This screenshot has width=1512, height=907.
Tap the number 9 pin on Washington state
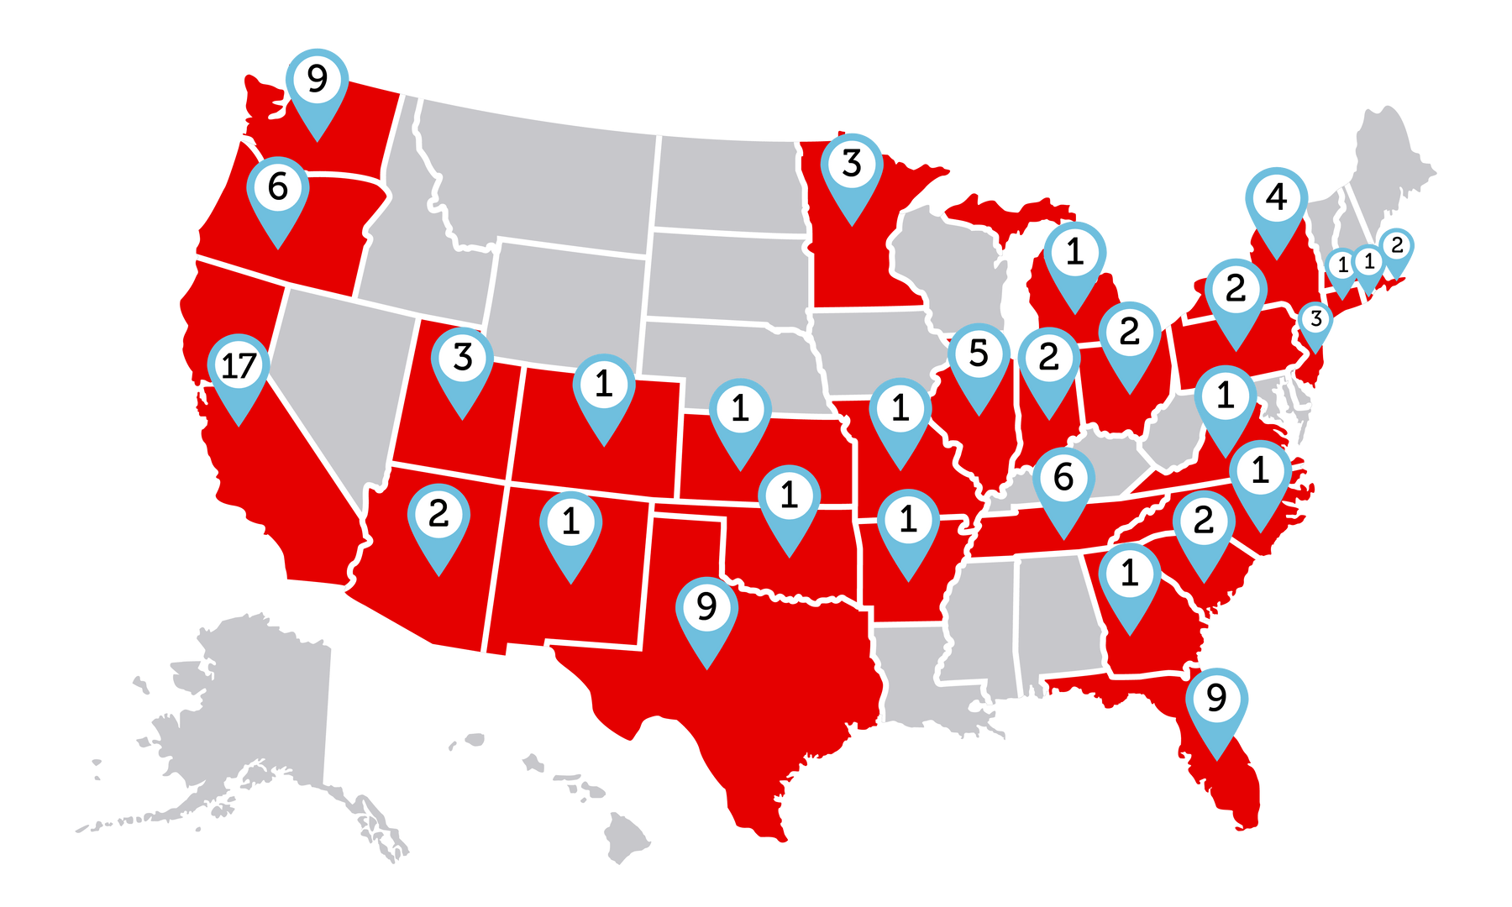pos(317,81)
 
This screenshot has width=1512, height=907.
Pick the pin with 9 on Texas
pos(706,607)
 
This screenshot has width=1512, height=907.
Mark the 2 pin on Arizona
pos(438,515)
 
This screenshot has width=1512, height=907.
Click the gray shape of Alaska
pos(244,714)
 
